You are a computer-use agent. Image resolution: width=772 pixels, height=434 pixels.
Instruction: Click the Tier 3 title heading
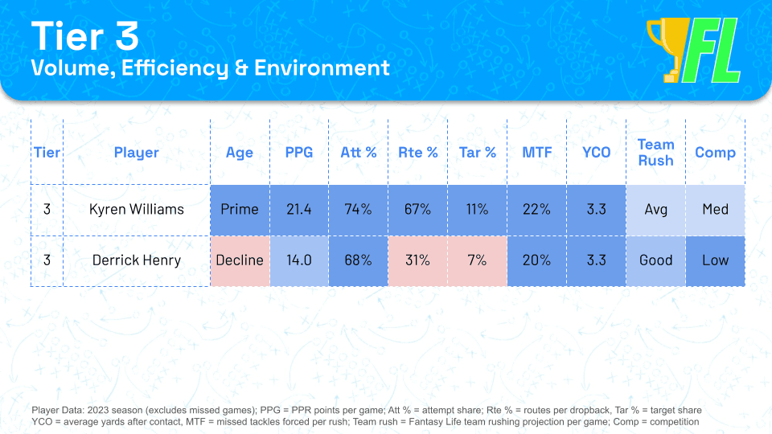pyautogui.click(x=84, y=36)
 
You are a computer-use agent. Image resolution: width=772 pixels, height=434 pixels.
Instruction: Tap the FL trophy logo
pyautogui.click(x=693, y=50)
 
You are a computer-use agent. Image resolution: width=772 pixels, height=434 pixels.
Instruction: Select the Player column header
pyautogui.click(x=136, y=152)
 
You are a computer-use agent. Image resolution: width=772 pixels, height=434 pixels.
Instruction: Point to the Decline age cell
pyautogui.click(x=240, y=260)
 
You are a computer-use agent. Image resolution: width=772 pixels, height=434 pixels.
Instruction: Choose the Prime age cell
pyautogui.click(x=240, y=209)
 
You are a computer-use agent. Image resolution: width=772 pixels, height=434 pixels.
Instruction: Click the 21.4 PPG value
pyautogui.click(x=298, y=209)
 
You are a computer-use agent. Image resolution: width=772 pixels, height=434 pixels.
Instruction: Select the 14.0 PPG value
pyautogui.click(x=298, y=260)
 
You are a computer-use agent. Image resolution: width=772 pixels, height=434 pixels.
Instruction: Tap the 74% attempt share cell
pyautogui.click(x=358, y=209)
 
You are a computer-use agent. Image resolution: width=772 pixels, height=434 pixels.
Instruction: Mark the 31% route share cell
pyautogui.click(x=417, y=260)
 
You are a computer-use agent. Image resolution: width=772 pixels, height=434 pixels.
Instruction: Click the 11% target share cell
pyautogui.click(x=477, y=209)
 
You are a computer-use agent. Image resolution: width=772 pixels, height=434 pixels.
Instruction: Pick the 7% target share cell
pyautogui.click(x=477, y=260)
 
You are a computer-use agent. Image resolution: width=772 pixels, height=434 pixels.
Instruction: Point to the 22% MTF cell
pyautogui.click(x=536, y=209)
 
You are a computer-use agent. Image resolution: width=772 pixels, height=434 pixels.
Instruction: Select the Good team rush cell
pyautogui.click(x=655, y=260)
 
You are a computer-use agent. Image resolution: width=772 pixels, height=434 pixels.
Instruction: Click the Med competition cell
pyautogui.click(x=715, y=209)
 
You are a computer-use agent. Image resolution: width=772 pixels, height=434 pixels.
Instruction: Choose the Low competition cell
pyautogui.click(x=715, y=260)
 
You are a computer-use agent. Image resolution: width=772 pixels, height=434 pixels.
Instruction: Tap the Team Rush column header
pyautogui.click(x=655, y=152)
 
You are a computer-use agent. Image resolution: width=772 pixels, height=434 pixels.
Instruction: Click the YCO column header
pyautogui.click(x=596, y=152)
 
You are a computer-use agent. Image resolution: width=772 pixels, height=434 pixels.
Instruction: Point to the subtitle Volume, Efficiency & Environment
pyautogui.click(x=210, y=68)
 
